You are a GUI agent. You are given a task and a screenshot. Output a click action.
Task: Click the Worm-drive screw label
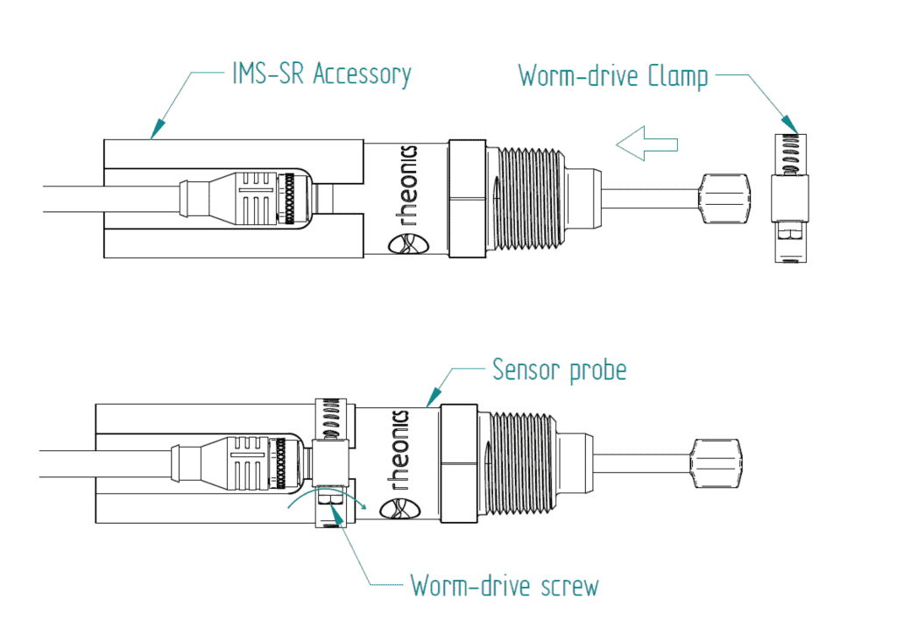tap(505, 584)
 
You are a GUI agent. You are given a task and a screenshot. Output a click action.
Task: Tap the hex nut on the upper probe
tap(466, 198)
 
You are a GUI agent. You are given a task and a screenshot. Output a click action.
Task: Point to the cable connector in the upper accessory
tap(254, 197)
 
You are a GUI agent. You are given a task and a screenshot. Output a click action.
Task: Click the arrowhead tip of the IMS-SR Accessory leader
tap(154, 135)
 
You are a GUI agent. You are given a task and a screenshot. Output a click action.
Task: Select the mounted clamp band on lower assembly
tap(331, 461)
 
